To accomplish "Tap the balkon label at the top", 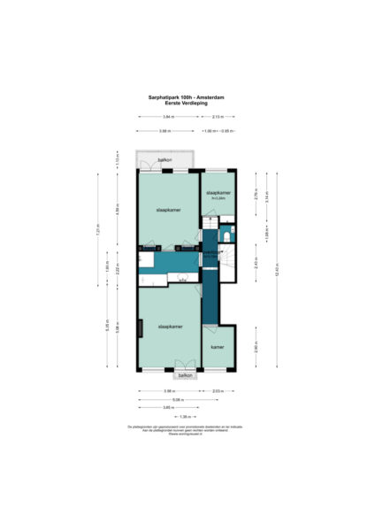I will [x=164, y=159].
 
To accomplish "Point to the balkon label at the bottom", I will [x=185, y=375].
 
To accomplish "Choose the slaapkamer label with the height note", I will [x=218, y=194].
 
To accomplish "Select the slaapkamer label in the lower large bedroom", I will [x=170, y=327].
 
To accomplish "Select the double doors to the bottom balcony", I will [x=185, y=366].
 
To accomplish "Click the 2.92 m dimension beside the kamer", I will [x=256, y=347].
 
